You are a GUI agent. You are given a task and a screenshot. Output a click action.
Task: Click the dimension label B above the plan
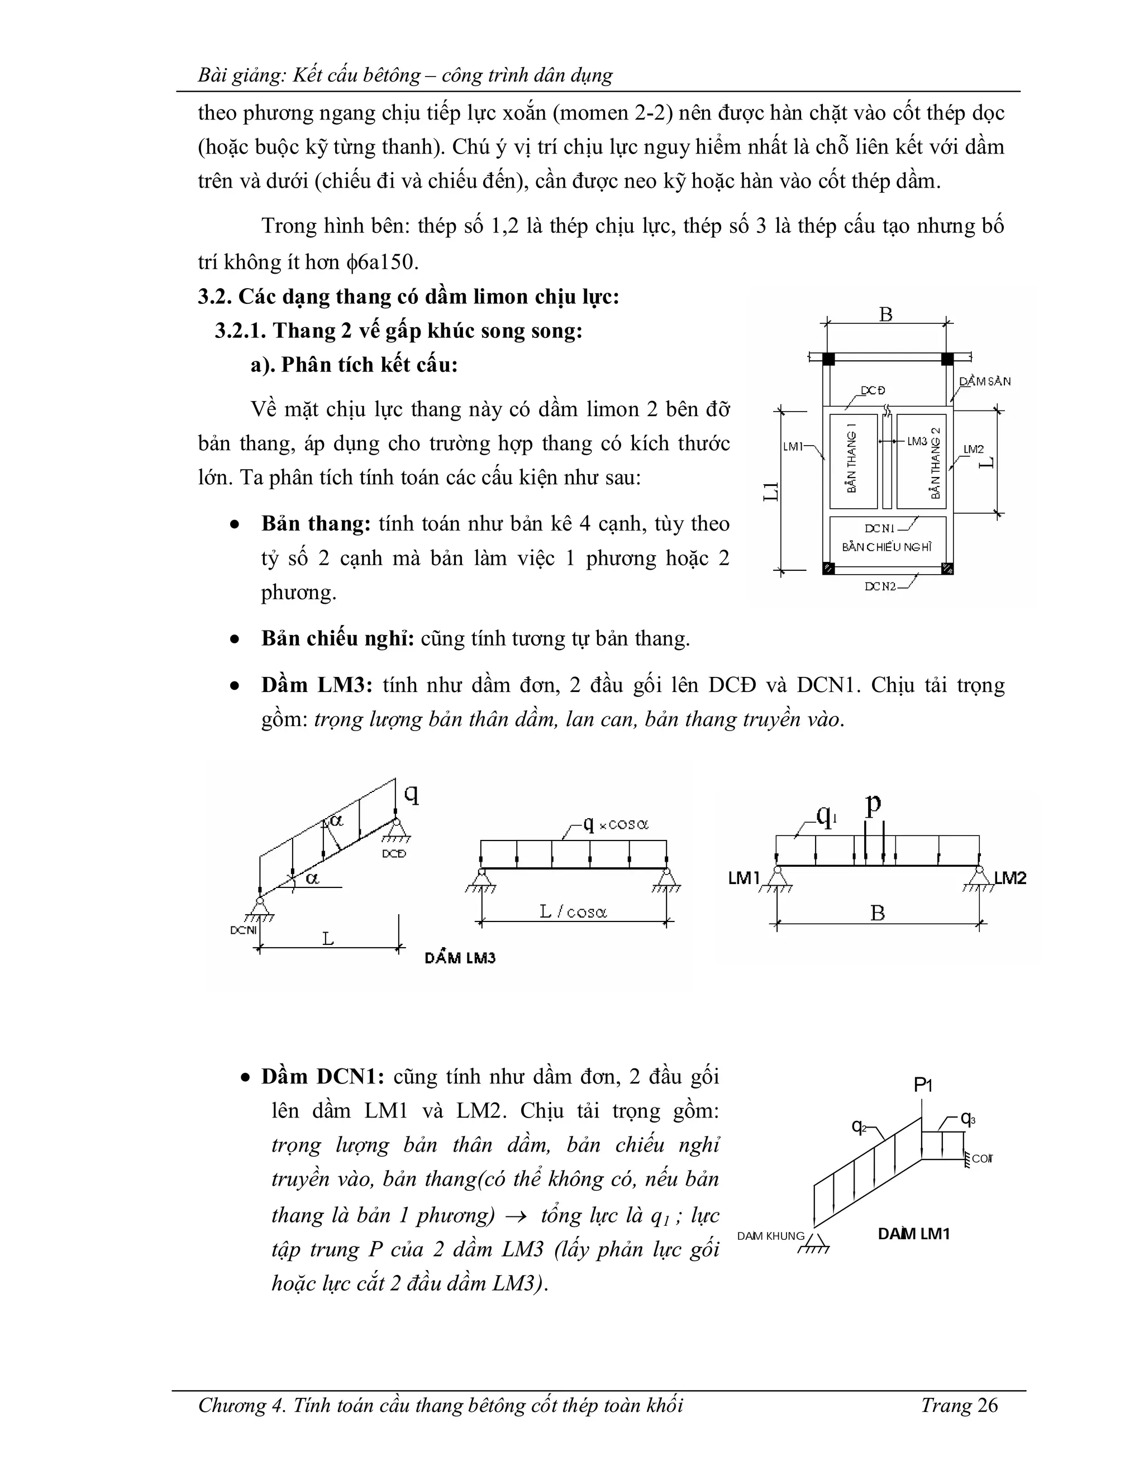click(x=885, y=314)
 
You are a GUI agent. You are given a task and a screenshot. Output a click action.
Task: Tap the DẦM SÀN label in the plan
click(x=985, y=381)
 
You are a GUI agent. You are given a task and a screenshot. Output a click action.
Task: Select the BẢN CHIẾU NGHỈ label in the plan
click(x=886, y=547)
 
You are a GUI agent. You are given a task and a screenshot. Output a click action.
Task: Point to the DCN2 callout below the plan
click(x=880, y=586)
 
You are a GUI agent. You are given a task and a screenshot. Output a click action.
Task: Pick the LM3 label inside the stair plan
click(x=917, y=441)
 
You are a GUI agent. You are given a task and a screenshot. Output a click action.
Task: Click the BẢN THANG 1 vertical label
click(x=852, y=457)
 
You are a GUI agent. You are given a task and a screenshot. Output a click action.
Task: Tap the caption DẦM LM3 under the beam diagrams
click(x=460, y=958)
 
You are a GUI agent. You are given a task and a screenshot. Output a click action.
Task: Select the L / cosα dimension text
click(x=573, y=912)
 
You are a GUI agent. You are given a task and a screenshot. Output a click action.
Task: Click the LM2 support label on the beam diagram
click(x=1010, y=879)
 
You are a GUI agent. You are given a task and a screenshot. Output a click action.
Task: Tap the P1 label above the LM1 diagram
click(x=923, y=1085)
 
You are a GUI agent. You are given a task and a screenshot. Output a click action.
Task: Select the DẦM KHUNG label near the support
click(x=770, y=1235)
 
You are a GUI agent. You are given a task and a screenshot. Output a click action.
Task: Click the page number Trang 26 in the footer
click(x=959, y=1405)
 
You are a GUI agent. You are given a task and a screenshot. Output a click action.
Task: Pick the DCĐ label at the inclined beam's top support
click(x=394, y=854)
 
